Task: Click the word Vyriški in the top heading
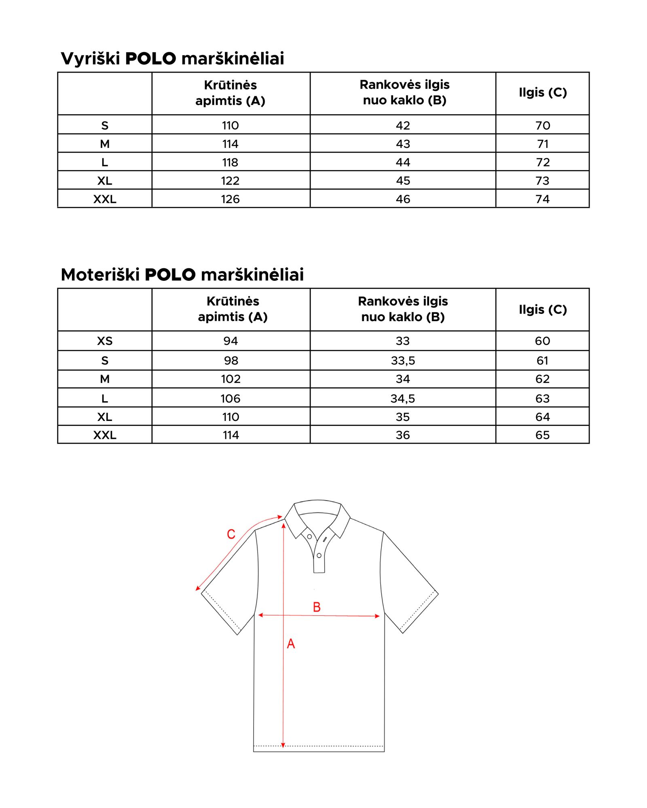tap(90, 59)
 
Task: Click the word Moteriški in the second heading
tap(100, 275)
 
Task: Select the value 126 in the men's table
tap(230, 199)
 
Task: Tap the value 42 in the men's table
tap(403, 126)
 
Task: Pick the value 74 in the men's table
tap(542, 199)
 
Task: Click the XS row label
tap(105, 341)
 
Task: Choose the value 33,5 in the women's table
tap(403, 360)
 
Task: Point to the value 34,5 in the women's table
tap(403, 399)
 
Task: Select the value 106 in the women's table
tap(230, 399)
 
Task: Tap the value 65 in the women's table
tap(542, 435)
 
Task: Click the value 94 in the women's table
tap(230, 341)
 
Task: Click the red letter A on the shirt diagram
tap(291, 644)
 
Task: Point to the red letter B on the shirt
tap(317, 607)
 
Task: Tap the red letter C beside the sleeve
tap(231, 534)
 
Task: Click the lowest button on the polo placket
tap(319, 555)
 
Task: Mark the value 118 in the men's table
tap(230, 162)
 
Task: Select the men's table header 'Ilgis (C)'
tap(543, 93)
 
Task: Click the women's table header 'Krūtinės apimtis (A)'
tap(233, 309)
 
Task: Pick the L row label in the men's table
tap(105, 162)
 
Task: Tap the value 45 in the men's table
tap(403, 181)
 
